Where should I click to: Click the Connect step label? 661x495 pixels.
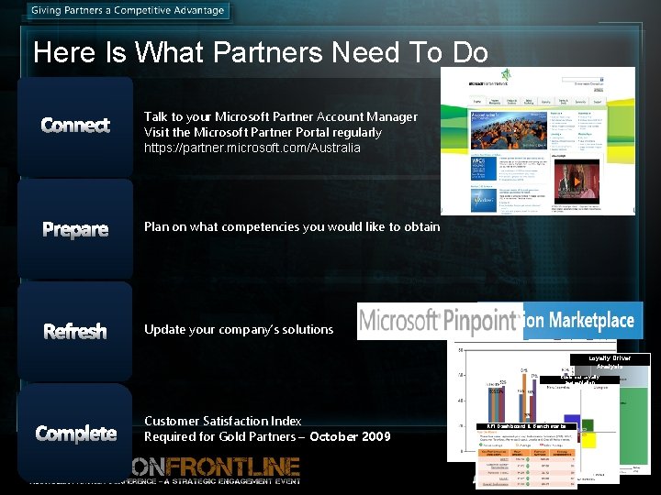(x=75, y=126)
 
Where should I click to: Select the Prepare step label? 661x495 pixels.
(x=75, y=229)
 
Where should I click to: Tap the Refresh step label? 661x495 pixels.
(x=75, y=331)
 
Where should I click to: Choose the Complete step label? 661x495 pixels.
(x=75, y=434)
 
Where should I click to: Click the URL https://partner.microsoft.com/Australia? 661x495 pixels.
(x=252, y=148)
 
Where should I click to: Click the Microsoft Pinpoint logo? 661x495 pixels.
(x=439, y=321)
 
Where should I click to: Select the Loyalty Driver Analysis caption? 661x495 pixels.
(x=610, y=361)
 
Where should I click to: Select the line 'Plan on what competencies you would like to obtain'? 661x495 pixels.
(x=292, y=226)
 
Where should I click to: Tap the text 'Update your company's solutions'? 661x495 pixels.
(x=239, y=329)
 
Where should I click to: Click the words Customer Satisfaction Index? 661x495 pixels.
(x=222, y=421)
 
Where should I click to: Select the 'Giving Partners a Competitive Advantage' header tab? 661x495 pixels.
(x=128, y=11)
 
